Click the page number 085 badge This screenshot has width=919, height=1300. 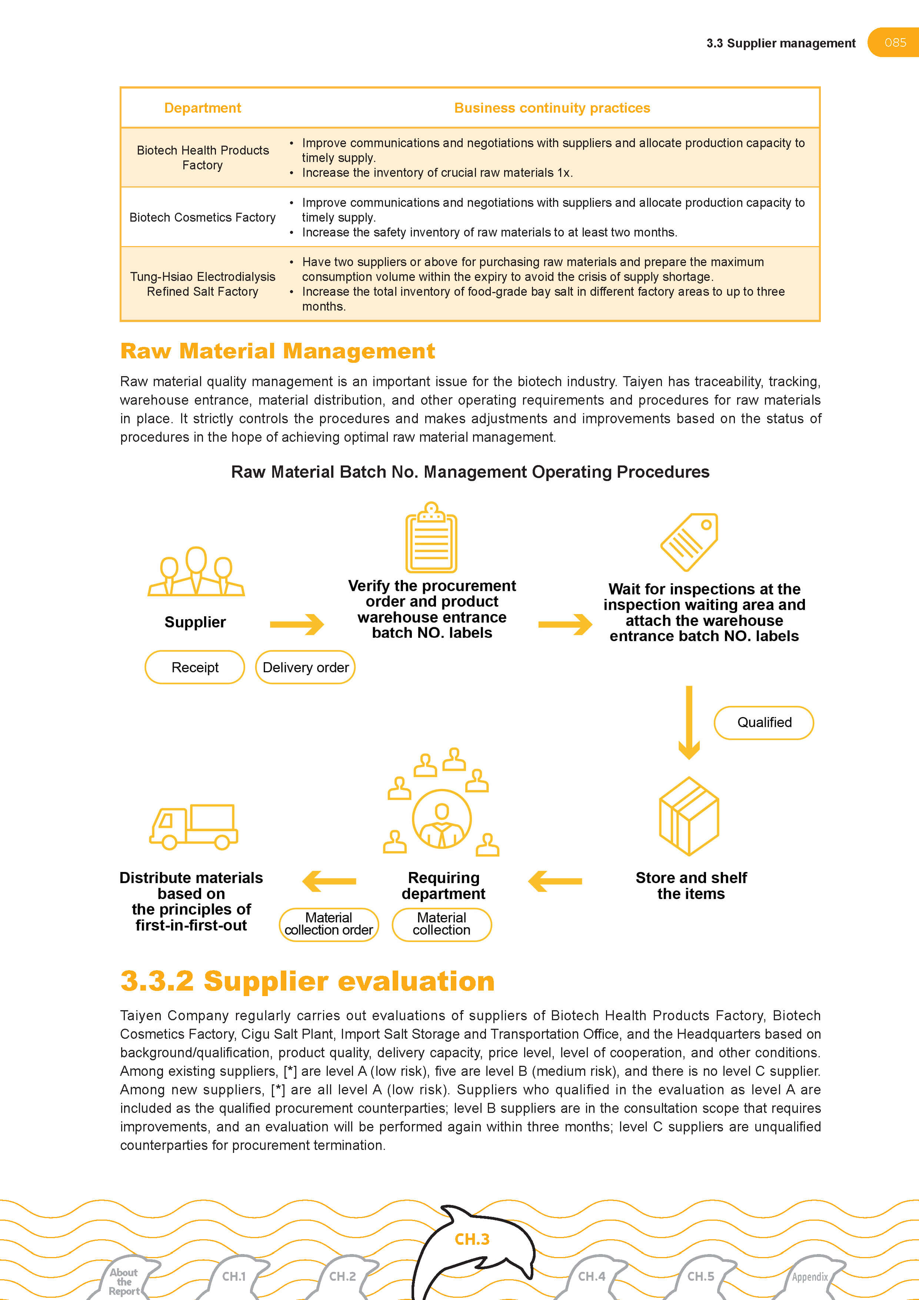point(895,43)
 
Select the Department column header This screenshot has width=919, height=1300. point(203,108)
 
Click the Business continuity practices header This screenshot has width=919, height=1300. point(552,108)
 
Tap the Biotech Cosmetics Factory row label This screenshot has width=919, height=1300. point(203,218)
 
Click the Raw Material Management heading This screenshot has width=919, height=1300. point(277,351)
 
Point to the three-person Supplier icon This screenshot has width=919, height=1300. point(196,572)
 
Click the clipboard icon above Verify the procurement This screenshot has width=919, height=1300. point(431,538)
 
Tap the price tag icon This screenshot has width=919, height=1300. point(690,542)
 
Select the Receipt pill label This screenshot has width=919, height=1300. point(195,667)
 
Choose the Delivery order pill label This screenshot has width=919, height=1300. point(306,667)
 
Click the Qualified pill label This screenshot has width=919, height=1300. point(764,723)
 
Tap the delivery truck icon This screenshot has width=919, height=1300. point(193,827)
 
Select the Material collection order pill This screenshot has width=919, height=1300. point(329,924)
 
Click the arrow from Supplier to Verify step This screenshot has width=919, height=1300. point(297,624)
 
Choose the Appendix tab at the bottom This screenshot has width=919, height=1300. point(809,1277)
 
